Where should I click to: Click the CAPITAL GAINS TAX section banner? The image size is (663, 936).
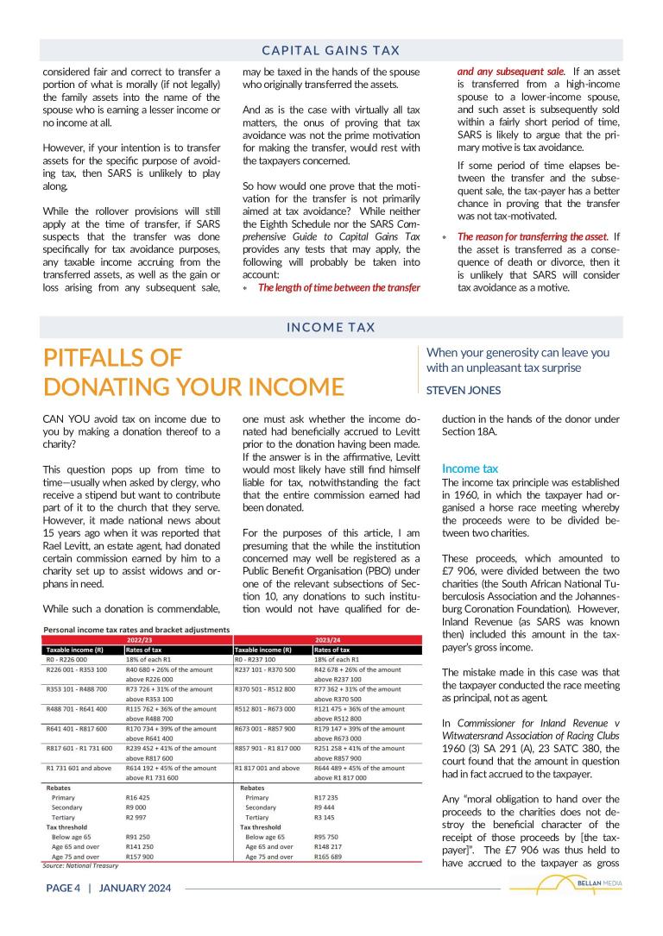[x=331, y=50]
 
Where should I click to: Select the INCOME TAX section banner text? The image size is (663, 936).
[x=331, y=328]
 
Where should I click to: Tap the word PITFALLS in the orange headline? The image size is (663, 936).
[x=112, y=358]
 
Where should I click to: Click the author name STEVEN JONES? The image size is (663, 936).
[x=463, y=390]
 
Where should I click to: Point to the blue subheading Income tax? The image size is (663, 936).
[x=466, y=467]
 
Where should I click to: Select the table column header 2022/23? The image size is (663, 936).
[x=138, y=640]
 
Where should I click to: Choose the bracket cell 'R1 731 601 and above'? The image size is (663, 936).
[x=79, y=767]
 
